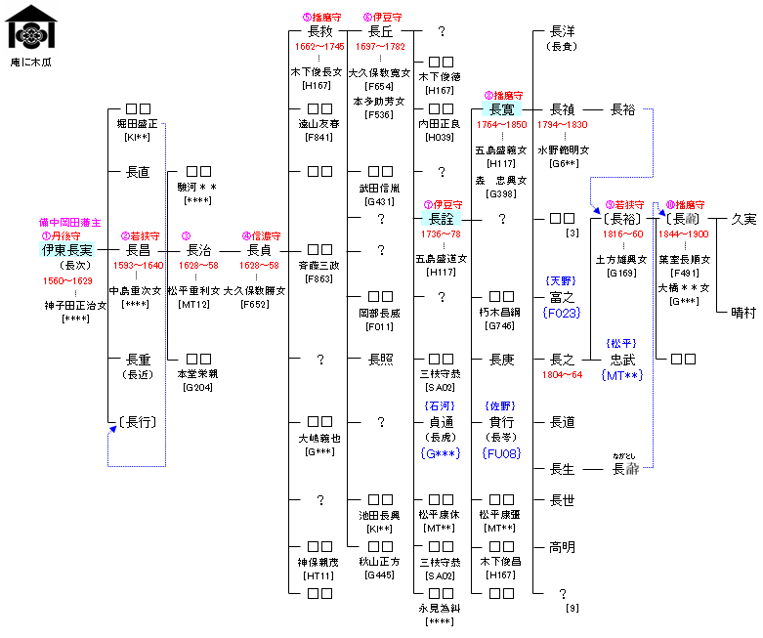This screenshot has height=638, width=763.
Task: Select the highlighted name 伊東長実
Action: pyautogui.click(x=67, y=250)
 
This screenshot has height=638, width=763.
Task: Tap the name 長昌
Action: pyautogui.click(x=138, y=250)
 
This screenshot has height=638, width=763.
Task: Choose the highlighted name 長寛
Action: pyautogui.click(x=501, y=109)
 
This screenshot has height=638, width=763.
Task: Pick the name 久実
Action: pyautogui.click(x=743, y=219)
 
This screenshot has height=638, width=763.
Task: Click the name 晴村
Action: pyautogui.click(x=743, y=313)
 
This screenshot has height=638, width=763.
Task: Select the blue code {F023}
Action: pyautogui.click(x=562, y=314)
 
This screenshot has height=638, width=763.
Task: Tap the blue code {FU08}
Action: pyautogui.click(x=501, y=453)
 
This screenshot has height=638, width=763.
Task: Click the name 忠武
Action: pyautogui.click(x=622, y=360)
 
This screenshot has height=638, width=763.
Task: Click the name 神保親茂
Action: pyautogui.click(x=320, y=562)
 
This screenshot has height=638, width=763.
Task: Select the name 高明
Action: pyautogui.click(x=563, y=547)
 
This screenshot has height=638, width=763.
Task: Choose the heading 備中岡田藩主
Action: pyautogui.click(x=68, y=222)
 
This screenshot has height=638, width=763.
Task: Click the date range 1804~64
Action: pyautogui.click(x=563, y=374)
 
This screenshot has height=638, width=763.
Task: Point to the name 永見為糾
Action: pyautogui.click(x=442, y=608)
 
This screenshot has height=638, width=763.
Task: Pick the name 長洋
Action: pyautogui.click(x=563, y=31)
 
